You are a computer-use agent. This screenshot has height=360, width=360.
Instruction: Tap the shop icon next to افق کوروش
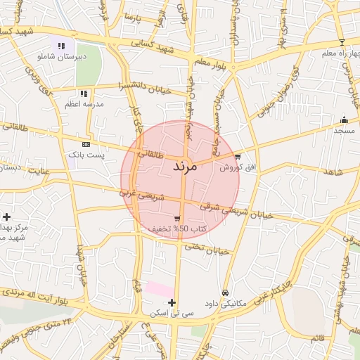click(238, 157)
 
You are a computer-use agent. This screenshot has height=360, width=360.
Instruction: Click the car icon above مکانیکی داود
click(225, 292)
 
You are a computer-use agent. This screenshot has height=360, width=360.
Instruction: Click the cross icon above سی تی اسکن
click(172, 302)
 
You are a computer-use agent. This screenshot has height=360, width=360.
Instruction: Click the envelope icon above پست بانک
click(86, 143)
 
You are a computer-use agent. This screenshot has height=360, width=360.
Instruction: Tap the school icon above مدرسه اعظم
click(84, 94)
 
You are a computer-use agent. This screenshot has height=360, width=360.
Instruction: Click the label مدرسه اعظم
click(84, 104)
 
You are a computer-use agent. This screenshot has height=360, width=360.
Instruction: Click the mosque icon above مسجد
click(344, 120)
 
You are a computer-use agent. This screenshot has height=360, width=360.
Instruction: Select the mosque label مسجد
click(344, 131)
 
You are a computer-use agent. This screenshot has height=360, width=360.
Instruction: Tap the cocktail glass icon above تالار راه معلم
click(342, 42)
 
